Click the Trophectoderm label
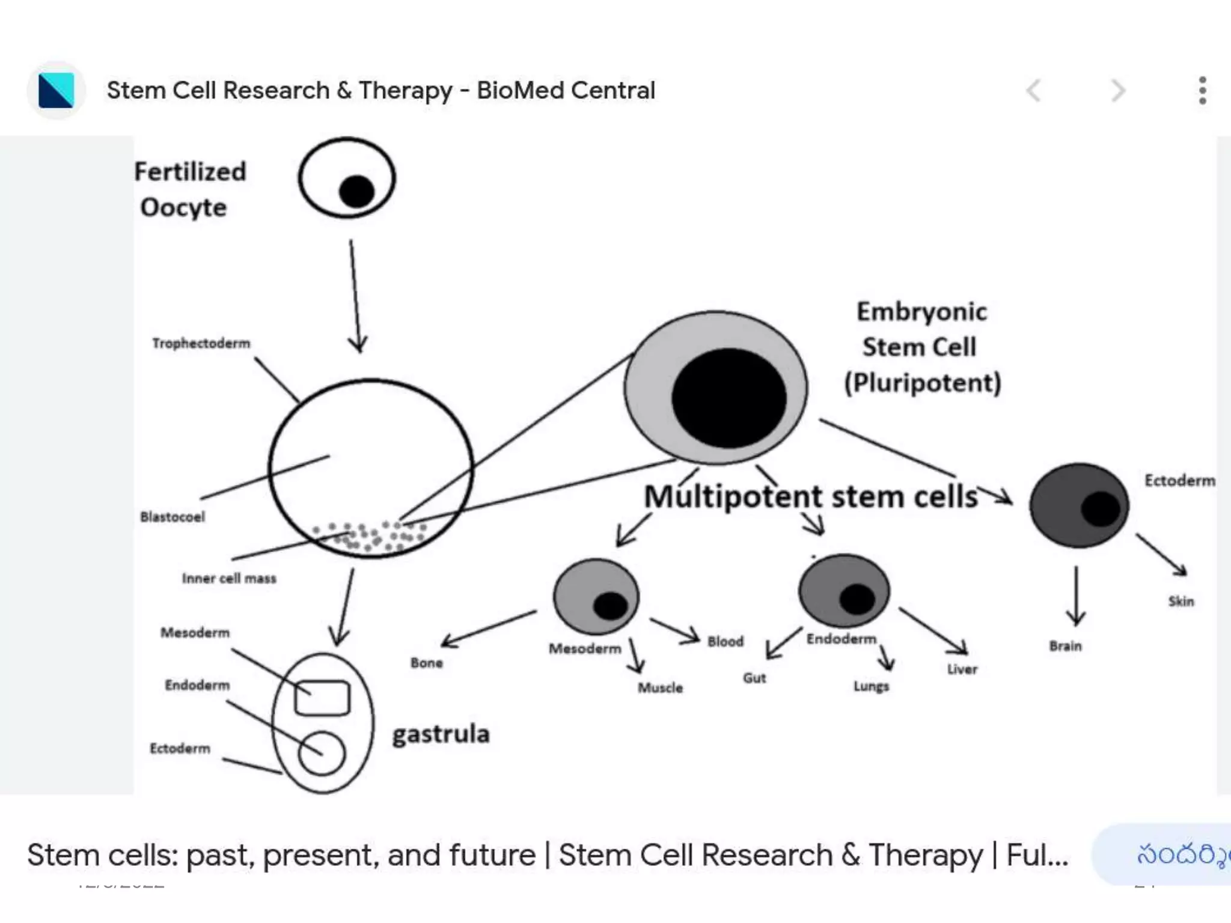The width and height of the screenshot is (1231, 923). (x=201, y=343)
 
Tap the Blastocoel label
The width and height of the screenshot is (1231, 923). (x=173, y=517)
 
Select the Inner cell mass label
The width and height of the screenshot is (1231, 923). (x=229, y=578)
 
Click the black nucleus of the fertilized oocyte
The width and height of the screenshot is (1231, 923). (x=356, y=192)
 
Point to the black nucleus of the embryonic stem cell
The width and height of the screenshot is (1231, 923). (x=729, y=398)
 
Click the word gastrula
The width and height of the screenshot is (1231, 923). (x=441, y=734)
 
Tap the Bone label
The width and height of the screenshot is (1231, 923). (x=427, y=663)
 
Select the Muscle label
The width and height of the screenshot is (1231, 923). (x=660, y=687)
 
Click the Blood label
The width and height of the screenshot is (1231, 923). (x=725, y=641)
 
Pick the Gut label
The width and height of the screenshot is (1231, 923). (x=754, y=678)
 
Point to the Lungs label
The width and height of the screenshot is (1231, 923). (x=871, y=686)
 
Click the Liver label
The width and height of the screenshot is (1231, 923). (x=962, y=669)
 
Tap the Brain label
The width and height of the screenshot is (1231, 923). (x=1065, y=646)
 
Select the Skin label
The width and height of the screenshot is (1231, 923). (x=1181, y=601)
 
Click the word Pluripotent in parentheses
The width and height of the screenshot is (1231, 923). (x=923, y=383)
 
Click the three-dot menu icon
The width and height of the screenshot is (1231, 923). (x=1202, y=91)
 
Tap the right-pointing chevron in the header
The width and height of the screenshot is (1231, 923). (x=1117, y=91)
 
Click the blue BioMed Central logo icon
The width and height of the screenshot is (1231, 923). (x=56, y=90)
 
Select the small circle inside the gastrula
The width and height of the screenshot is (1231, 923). (x=322, y=753)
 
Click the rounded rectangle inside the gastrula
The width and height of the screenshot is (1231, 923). (x=322, y=698)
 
